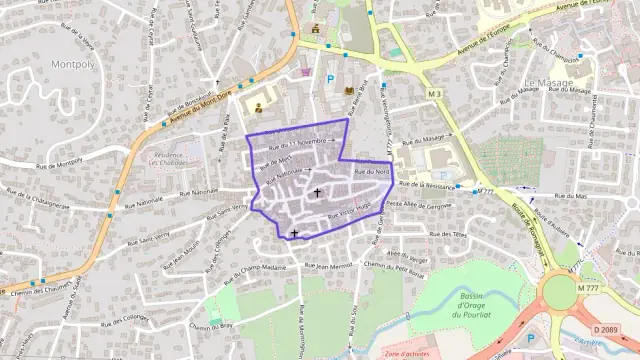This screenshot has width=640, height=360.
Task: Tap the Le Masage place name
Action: [x=549, y=82]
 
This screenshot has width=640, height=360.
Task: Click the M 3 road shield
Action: [x=434, y=93]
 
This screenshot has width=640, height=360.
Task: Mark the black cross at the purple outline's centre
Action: [x=318, y=192]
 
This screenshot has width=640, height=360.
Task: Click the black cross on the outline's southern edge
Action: [x=294, y=233]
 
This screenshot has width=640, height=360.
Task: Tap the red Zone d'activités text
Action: [x=407, y=353]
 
